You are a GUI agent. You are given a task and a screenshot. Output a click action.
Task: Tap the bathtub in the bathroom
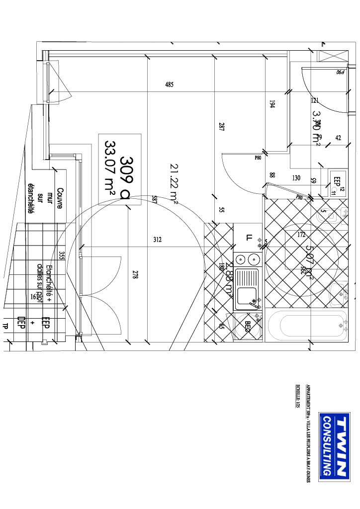(307, 326)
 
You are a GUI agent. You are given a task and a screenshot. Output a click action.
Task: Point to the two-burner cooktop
(247, 259)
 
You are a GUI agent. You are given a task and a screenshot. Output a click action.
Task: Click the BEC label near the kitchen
(247, 327)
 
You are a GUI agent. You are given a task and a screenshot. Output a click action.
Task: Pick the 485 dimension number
(169, 85)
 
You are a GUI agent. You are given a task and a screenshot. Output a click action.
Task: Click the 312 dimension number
(157, 240)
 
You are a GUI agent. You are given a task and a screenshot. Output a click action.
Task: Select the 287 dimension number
(221, 126)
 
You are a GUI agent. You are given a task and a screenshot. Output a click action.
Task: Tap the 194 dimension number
(272, 104)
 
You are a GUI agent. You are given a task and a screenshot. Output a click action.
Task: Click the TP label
(5, 327)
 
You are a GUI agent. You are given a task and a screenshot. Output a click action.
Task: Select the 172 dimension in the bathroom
(300, 235)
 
